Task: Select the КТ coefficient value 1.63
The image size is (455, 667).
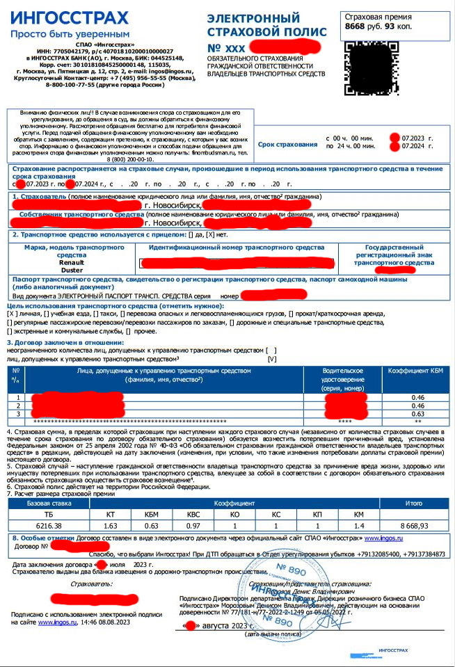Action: (110, 526)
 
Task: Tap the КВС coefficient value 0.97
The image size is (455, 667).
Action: (193, 526)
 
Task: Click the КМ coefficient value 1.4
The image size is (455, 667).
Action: (360, 526)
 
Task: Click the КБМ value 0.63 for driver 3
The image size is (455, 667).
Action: (417, 413)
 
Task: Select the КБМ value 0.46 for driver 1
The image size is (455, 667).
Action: (417, 396)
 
